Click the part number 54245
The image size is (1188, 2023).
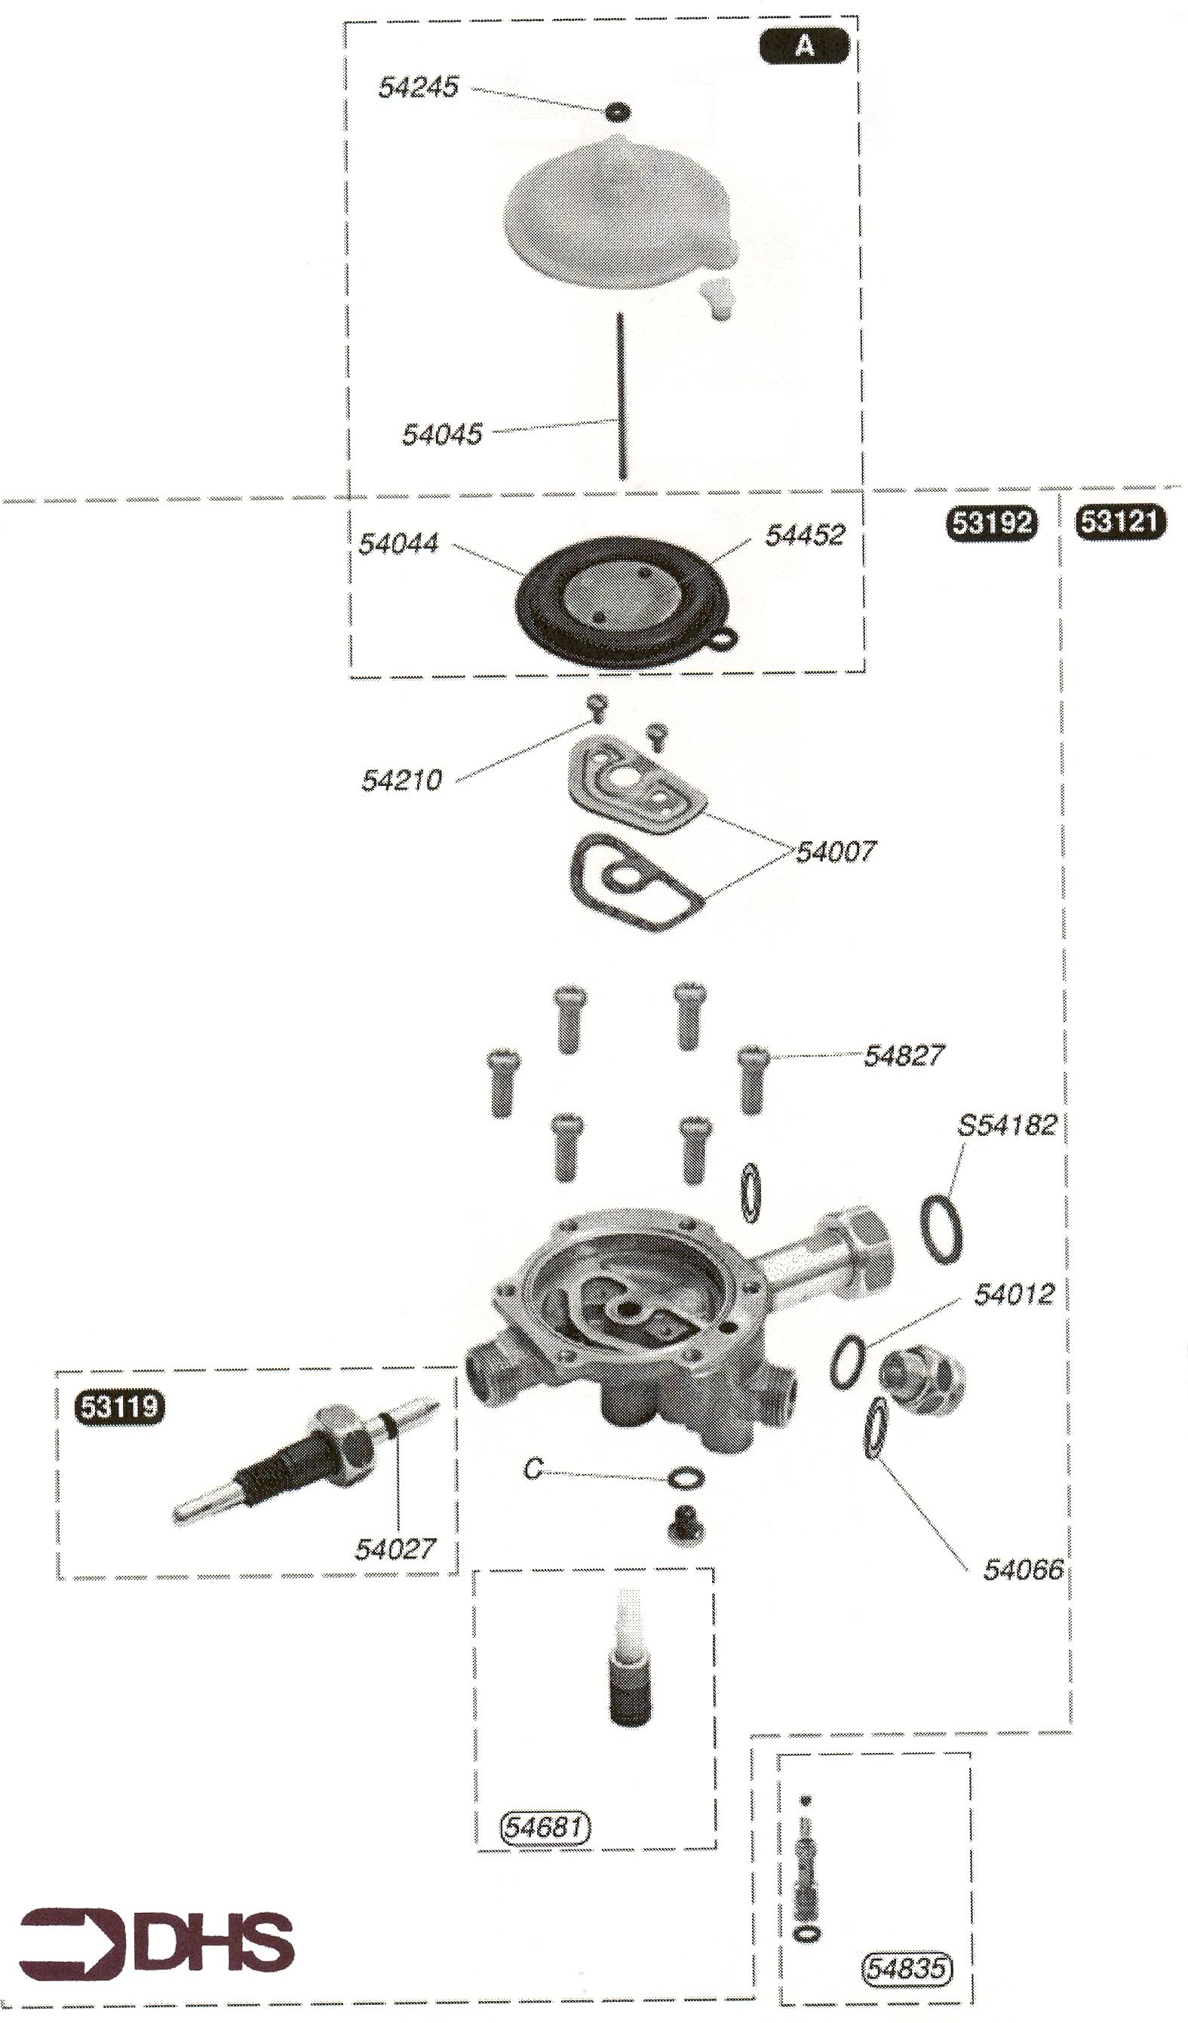(418, 87)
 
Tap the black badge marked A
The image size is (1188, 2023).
(803, 46)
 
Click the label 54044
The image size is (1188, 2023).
(398, 544)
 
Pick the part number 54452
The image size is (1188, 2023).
(804, 535)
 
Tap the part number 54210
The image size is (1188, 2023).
(401, 779)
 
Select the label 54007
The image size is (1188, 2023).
(837, 851)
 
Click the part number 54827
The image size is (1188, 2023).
(904, 1056)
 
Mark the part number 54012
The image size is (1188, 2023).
(1014, 1294)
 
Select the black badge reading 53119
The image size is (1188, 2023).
(120, 1408)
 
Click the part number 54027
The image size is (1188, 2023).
(396, 1549)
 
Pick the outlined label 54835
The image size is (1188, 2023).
(906, 1968)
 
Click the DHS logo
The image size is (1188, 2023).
(157, 1943)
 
